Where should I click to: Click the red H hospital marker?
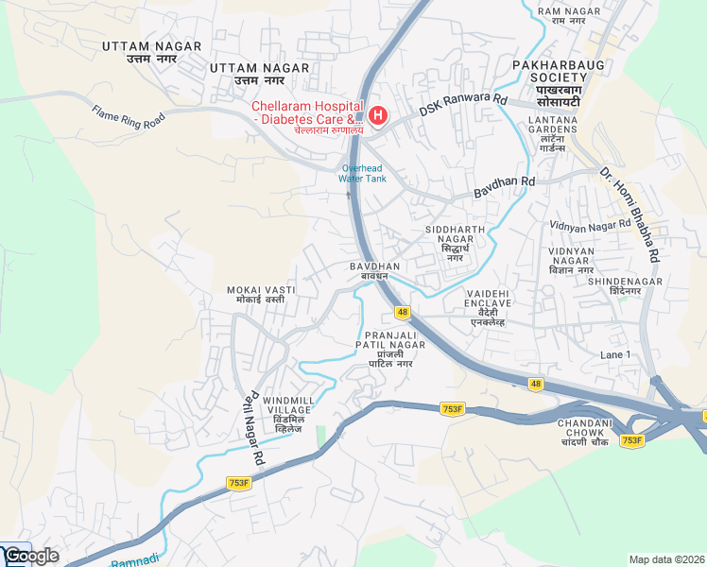(378, 116)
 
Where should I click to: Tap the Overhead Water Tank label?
(363, 173)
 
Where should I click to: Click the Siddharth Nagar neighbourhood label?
(455, 243)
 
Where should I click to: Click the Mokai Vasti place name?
(261, 294)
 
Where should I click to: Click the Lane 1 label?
(614, 353)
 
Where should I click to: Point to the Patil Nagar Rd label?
(251, 427)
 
